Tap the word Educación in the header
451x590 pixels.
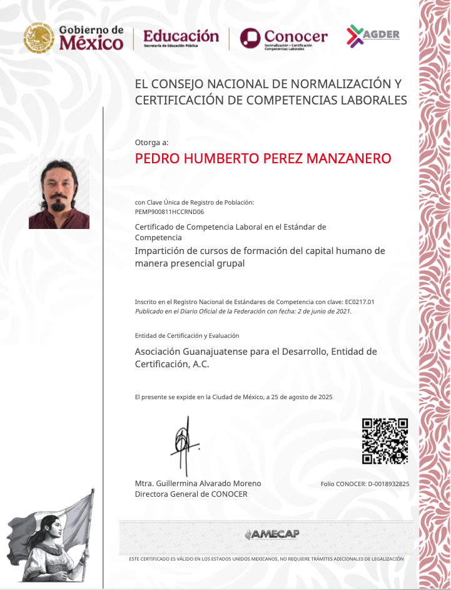click(x=181, y=36)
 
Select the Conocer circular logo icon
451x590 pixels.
click(x=250, y=38)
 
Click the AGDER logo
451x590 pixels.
click(x=373, y=35)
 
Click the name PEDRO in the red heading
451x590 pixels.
click(x=156, y=158)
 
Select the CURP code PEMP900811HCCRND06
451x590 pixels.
click(x=170, y=212)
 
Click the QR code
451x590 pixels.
click(x=385, y=441)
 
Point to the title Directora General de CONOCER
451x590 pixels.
click(x=191, y=494)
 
